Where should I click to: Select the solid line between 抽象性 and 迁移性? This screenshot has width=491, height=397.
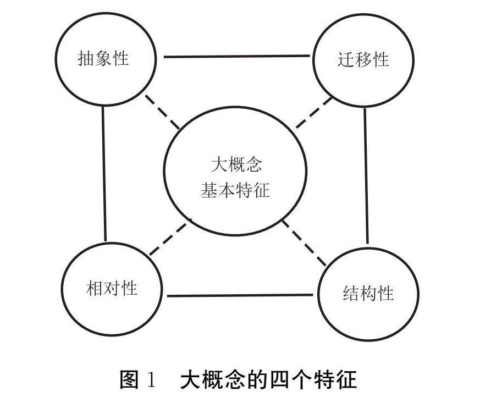(236, 56)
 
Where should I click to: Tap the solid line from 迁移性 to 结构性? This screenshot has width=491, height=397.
(366, 176)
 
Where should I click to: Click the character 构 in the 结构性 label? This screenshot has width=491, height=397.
(368, 293)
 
